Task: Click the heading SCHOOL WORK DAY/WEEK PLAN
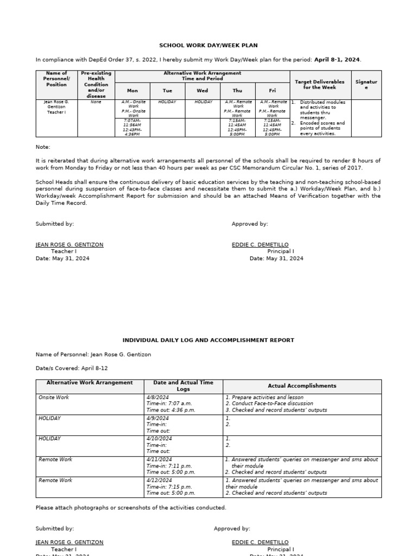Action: pyautogui.click(x=208, y=46)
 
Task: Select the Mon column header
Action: pyautogui.click(x=132, y=91)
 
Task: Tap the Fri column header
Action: pyautogui.click(x=273, y=91)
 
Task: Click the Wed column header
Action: pyautogui.click(x=202, y=91)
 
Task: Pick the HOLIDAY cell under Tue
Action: pyautogui.click(x=167, y=102)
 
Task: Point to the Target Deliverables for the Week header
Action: pyautogui.click(x=319, y=84)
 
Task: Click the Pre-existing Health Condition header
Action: pyautogui.click(x=96, y=84)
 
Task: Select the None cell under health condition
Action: pyautogui.click(x=96, y=102)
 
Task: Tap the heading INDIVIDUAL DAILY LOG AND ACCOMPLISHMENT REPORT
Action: pyautogui.click(x=208, y=340)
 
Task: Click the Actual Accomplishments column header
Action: pyautogui.click(x=302, y=386)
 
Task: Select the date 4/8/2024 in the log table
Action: pyautogui.click(x=159, y=397)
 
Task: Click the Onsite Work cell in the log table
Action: pyautogui.click(x=54, y=397)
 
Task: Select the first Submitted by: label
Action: pyautogui.click(x=55, y=224)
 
